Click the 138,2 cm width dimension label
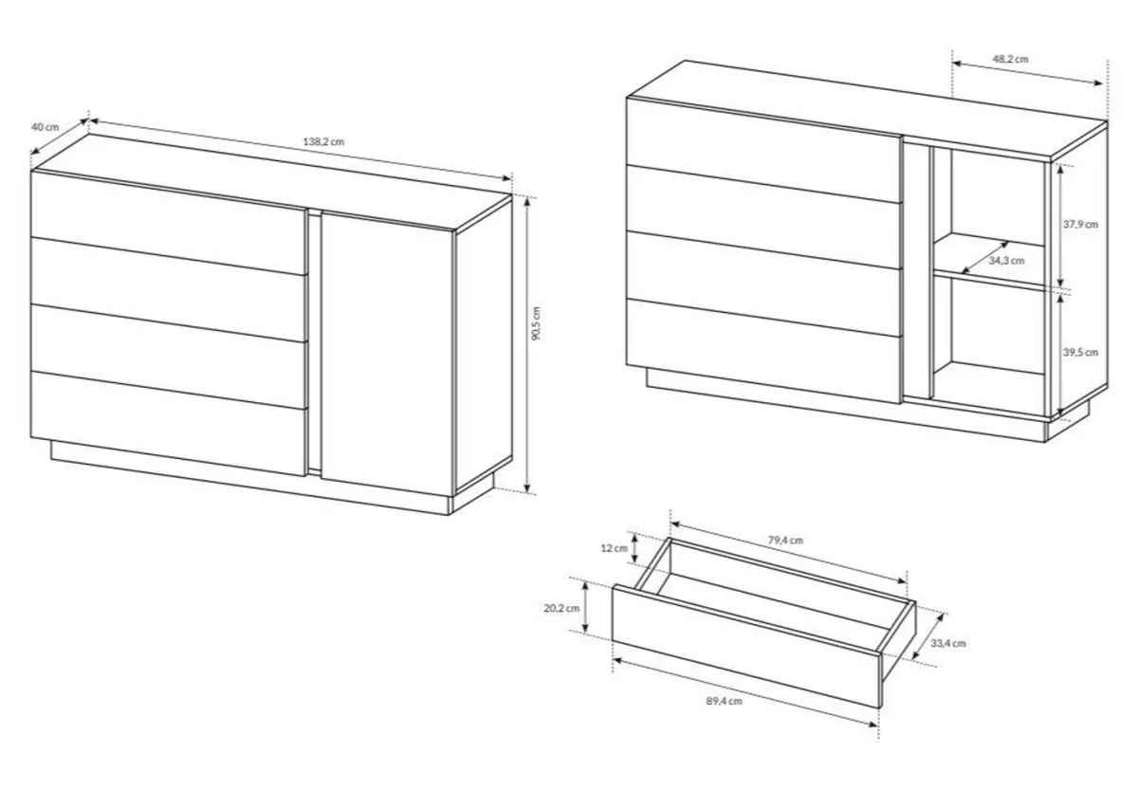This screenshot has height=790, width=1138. point(323,141)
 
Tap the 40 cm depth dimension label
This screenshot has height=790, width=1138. point(46,127)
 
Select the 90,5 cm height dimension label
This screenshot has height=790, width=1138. point(537,323)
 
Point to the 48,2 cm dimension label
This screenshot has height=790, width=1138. point(1011,59)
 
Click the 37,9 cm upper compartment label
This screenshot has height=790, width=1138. point(1080,224)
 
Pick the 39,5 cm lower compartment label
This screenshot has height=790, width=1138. point(1080,352)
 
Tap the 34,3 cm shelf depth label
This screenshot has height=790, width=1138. point(1006,261)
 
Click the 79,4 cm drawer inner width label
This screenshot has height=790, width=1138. point(785,540)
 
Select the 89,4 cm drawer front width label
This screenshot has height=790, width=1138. point(724,701)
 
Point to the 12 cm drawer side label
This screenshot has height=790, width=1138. point(615,547)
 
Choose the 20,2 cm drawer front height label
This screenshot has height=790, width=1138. point(561,608)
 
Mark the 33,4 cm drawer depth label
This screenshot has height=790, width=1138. point(948,643)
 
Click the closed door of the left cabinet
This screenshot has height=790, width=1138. point(387,354)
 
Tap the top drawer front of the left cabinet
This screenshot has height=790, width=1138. point(169,222)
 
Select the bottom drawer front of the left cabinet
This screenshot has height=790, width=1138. point(169,423)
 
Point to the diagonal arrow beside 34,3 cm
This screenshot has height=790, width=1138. point(985,258)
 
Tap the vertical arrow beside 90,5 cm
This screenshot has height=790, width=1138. point(528,345)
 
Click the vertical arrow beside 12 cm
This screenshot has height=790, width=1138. point(633,547)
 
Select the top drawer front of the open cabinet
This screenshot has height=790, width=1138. point(764,149)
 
